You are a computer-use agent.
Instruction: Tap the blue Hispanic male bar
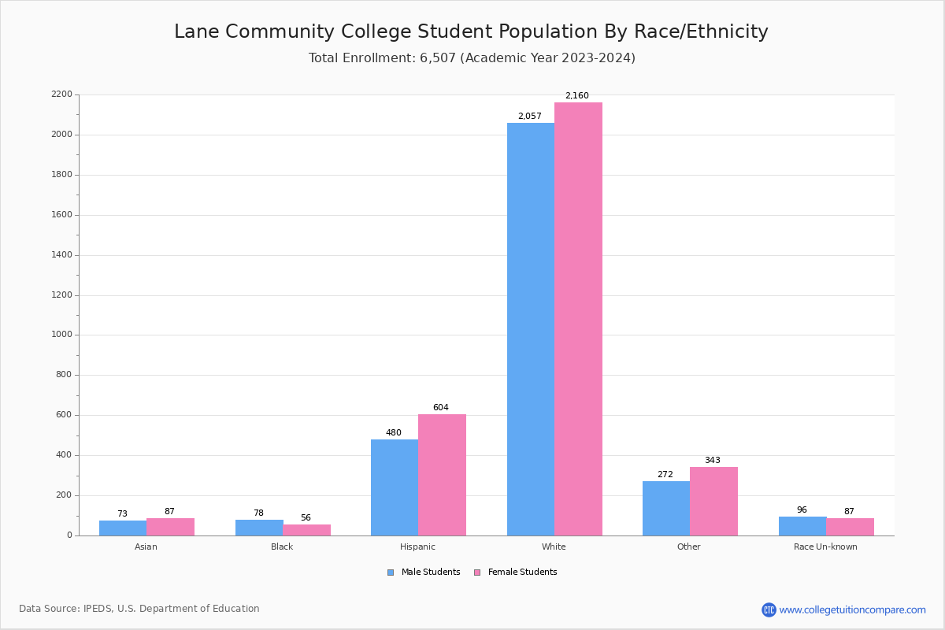click(395, 487)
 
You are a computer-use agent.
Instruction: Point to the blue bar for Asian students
click(123, 528)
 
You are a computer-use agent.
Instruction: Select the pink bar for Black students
click(306, 530)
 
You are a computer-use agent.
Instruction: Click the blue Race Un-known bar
click(802, 526)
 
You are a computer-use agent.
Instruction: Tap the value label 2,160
click(576, 96)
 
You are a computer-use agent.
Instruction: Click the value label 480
click(393, 433)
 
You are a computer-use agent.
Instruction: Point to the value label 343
click(712, 461)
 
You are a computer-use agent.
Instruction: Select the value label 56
click(306, 518)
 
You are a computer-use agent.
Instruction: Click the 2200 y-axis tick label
click(61, 94)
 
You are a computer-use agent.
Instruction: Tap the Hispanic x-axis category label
click(417, 547)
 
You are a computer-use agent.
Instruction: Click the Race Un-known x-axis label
click(825, 547)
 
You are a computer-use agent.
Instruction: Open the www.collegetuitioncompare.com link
click(852, 610)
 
